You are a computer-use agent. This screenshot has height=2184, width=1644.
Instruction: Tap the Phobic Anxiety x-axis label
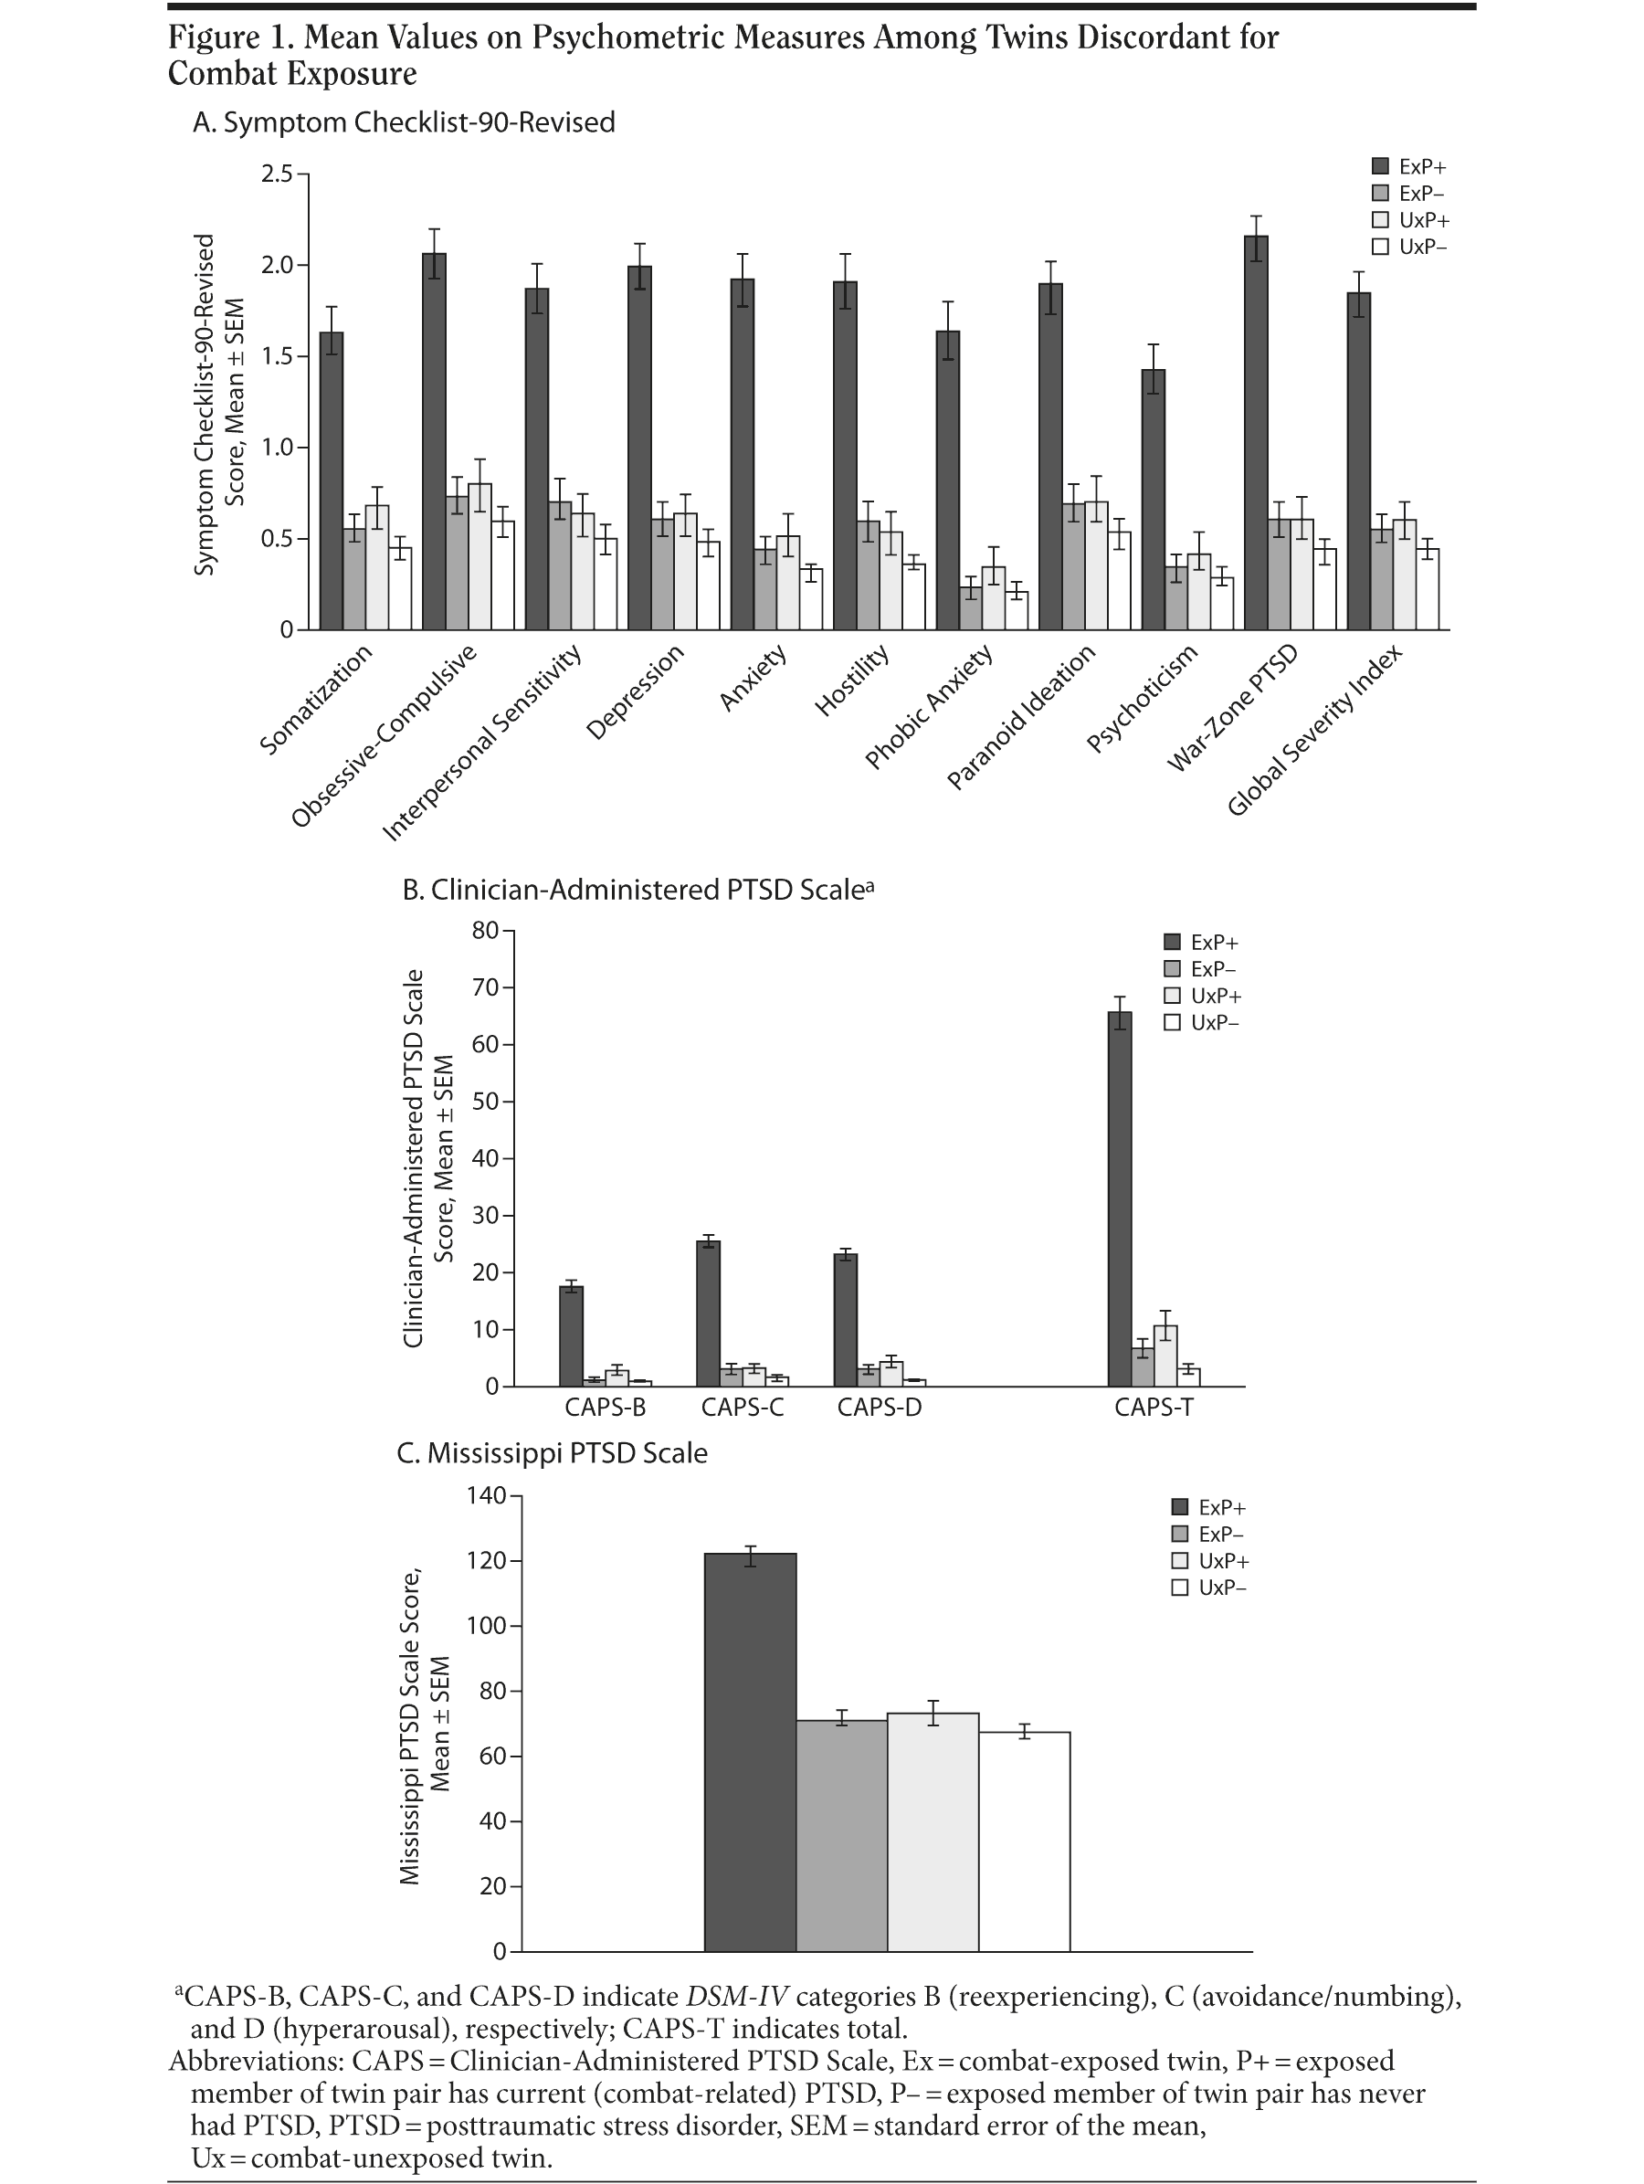(929, 707)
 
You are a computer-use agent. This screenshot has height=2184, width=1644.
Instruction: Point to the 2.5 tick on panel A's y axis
(278, 174)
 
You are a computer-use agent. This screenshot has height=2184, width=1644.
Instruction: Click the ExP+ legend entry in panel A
(1411, 167)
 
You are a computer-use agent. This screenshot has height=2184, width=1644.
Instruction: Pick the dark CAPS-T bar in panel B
(1120, 1198)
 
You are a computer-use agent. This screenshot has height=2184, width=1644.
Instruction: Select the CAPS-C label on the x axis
(743, 1407)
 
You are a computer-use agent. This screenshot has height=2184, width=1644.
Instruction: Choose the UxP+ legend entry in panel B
(1203, 997)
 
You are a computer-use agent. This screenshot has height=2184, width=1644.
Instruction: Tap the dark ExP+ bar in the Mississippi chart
(751, 1753)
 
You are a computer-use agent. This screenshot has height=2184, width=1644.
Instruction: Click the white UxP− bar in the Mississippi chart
(1024, 1841)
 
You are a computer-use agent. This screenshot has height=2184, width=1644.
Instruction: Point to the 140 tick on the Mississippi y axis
(486, 1496)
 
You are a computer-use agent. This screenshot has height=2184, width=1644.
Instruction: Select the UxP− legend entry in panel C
(1209, 1588)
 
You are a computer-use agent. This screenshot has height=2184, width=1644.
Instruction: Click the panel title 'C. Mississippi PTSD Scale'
(552, 1453)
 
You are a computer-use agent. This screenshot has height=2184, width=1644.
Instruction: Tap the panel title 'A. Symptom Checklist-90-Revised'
(404, 122)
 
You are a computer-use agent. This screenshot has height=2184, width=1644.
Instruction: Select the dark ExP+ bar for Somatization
(332, 480)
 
